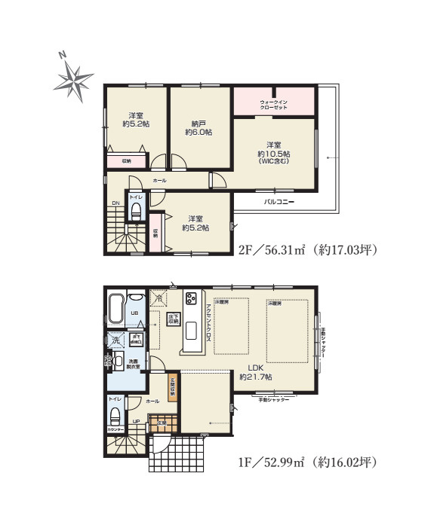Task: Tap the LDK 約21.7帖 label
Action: (x=255, y=371)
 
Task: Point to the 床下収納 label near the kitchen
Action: (x=173, y=317)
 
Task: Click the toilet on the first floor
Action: (x=115, y=415)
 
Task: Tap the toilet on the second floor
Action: (x=135, y=212)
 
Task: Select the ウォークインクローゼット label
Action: (x=273, y=104)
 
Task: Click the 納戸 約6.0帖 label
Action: (x=199, y=127)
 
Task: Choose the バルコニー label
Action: (x=279, y=202)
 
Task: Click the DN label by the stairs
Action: (x=115, y=203)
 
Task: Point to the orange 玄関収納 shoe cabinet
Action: (x=172, y=386)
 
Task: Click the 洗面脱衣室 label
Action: (x=132, y=365)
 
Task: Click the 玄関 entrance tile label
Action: (x=162, y=423)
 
